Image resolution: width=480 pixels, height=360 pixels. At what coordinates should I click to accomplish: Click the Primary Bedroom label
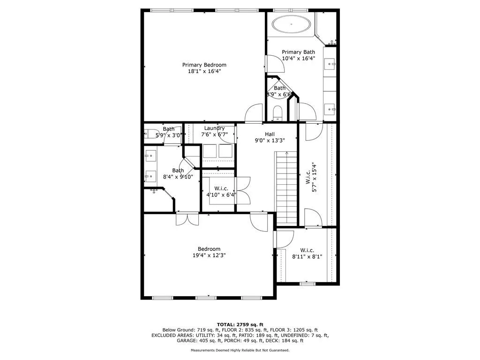pyautogui.click(x=204, y=65)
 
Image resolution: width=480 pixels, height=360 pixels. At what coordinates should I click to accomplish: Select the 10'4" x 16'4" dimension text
pyautogui.click(x=298, y=59)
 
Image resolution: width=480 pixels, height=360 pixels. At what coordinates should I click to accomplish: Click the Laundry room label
pyautogui.click(x=214, y=128)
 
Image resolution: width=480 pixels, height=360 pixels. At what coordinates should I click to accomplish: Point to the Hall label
pyautogui.click(x=270, y=134)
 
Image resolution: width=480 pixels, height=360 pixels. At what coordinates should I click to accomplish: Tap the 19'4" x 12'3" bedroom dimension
pyautogui.click(x=209, y=255)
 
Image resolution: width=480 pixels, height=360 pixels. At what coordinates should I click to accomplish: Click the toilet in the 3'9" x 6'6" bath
pyautogui.click(x=277, y=112)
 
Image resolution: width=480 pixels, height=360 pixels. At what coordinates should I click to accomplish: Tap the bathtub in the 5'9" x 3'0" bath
pyautogui.click(x=151, y=133)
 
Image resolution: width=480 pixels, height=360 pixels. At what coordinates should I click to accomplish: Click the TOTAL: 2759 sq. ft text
pyautogui.click(x=240, y=324)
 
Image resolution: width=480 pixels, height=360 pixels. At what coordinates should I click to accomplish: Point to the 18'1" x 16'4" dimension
pyautogui.click(x=204, y=72)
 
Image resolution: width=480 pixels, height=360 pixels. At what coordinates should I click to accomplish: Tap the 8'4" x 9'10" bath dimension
pyautogui.click(x=178, y=177)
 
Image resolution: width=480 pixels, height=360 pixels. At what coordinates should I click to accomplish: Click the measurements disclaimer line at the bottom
pyautogui.click(x=240, y=350)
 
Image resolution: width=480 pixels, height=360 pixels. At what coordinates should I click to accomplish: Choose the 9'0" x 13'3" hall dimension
pyautogui.click(x=270, y=140)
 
